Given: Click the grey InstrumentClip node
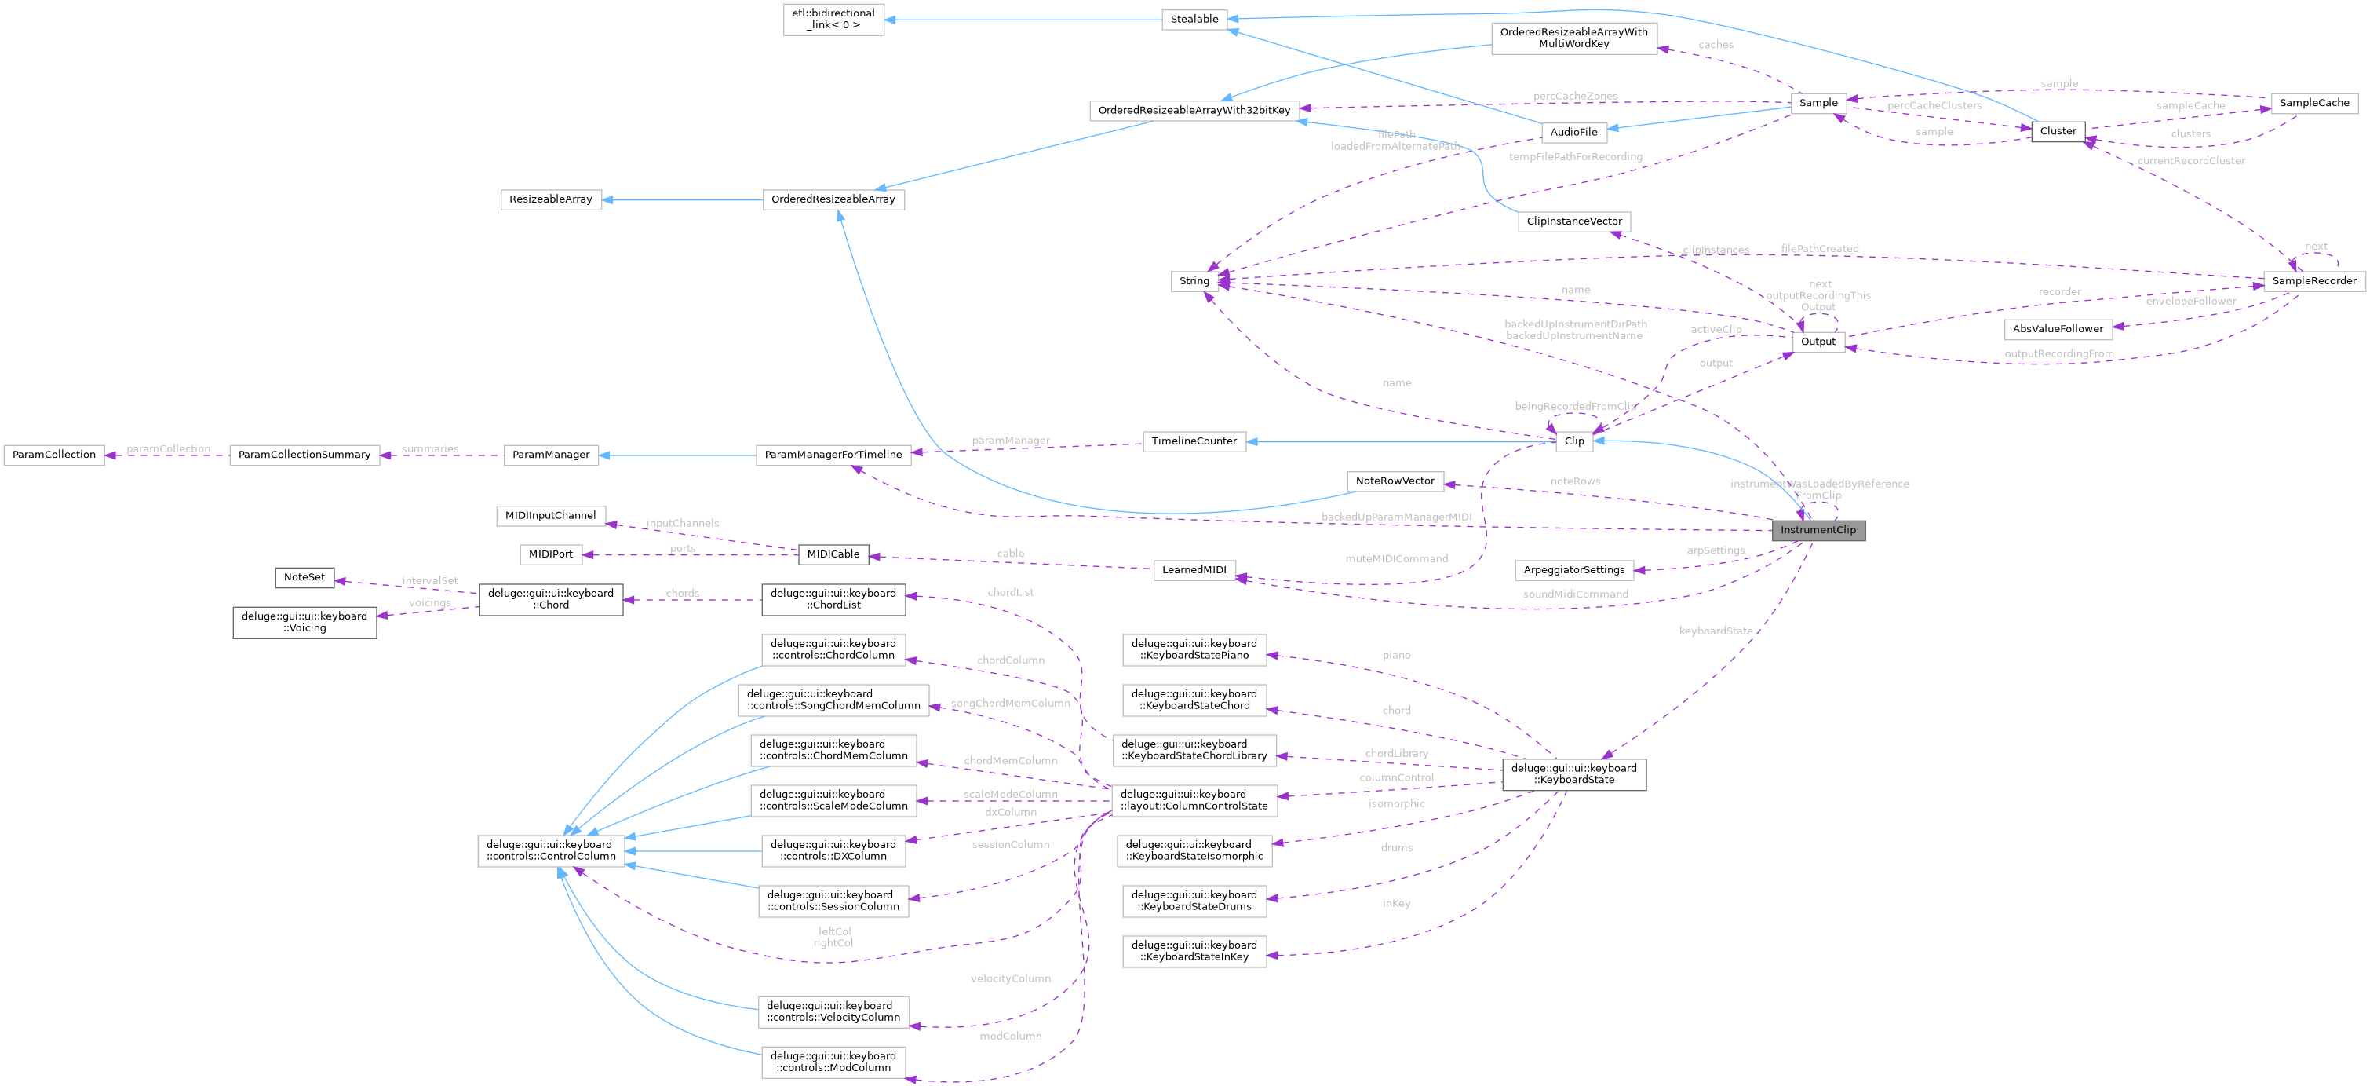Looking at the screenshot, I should [1818, 530].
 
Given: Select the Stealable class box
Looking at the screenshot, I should [1194, 20].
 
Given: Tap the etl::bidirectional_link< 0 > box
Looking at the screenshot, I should [833, 20].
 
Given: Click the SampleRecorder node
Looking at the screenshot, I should [2313, 280].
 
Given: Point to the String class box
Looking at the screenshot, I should [1194, 280].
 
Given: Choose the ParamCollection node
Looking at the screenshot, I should [53, 455].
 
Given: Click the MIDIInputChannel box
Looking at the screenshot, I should [550, 515].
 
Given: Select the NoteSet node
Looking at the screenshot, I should [304, 577].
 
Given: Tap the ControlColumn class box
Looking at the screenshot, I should [550, 850].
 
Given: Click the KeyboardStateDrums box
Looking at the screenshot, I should [1194, 900].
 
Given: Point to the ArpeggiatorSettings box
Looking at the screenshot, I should [1573, 569].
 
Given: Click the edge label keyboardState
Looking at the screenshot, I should [1715, 631].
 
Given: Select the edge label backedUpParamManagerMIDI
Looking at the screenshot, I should [1395, 517].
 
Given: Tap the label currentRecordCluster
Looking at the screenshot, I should [2190, 161].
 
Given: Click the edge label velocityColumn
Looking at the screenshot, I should [1010, 978].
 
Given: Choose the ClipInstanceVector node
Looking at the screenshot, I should [1573, 221].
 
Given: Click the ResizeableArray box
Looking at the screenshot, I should [550, 199].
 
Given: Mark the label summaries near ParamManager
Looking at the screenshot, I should [429, 449].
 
